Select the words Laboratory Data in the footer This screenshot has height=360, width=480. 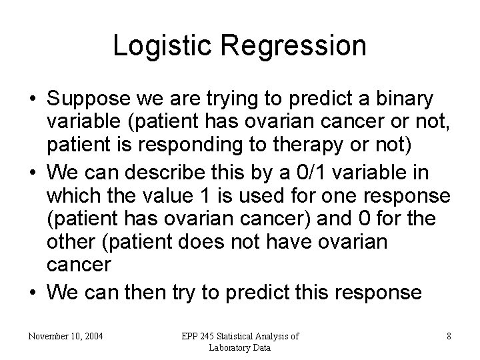(239, 347)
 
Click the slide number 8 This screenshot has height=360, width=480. (449, 336)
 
